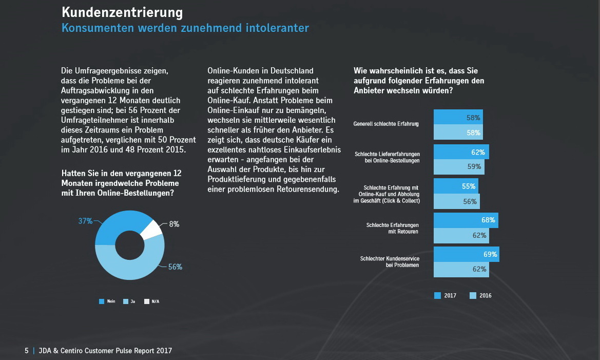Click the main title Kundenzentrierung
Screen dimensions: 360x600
(122, 12)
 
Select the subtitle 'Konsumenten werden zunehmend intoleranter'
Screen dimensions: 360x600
(185, 28)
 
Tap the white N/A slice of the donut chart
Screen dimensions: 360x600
(151, 229)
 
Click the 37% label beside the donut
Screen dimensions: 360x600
(85, 221)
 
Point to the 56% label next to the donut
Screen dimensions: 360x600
(175, 267)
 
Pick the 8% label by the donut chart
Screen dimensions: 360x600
(174, 224)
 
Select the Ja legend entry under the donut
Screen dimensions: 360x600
(129, 301)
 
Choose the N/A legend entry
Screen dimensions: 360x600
(152, 301)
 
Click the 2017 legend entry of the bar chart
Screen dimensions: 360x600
(446, 295)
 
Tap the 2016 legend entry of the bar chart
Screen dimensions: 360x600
(481, 295)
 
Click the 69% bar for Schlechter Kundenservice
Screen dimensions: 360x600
(466, 254)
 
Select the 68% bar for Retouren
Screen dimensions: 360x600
(466, 220)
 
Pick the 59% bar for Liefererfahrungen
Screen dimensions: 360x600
(459, 167)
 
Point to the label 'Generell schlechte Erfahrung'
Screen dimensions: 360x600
(386, 124)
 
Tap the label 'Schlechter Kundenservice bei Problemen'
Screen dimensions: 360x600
(390, 261)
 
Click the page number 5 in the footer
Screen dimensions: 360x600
(27, 351)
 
